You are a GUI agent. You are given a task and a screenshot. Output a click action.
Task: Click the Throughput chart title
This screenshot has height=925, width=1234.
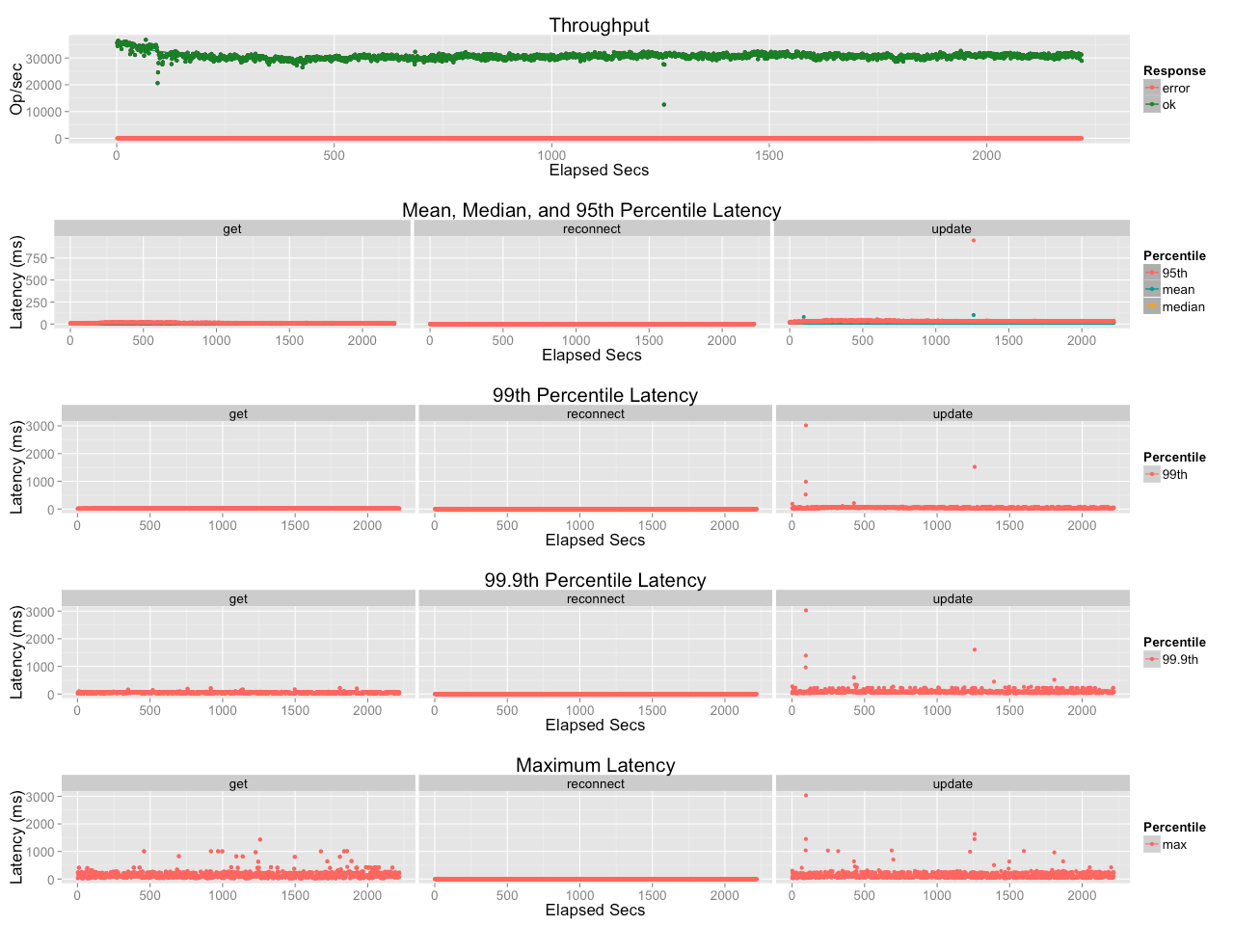click(599, 25)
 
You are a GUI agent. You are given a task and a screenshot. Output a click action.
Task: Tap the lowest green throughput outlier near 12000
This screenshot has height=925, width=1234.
click(664, 104)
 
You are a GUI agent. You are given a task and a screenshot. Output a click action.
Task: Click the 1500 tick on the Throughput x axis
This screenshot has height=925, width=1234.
click(768, 155)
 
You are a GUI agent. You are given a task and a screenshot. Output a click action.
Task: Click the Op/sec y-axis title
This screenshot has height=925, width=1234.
click(16, 89)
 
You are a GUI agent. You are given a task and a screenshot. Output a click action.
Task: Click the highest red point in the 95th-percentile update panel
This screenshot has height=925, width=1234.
click(973, 240)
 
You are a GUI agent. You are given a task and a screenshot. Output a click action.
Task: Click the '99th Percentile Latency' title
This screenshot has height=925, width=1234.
click(595, 395)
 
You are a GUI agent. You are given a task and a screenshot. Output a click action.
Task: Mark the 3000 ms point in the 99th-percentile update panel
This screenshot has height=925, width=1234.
click(806, 425)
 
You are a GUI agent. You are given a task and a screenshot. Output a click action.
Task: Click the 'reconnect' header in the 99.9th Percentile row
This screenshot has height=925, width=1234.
click(596, 598)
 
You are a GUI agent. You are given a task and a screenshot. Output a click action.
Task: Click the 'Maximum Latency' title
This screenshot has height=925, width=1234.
click(596, 765)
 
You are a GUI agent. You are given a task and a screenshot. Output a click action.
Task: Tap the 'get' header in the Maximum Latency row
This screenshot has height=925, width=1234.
click(238, 784)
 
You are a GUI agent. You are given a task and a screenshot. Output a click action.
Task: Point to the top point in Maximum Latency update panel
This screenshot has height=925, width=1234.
click(806, 795)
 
